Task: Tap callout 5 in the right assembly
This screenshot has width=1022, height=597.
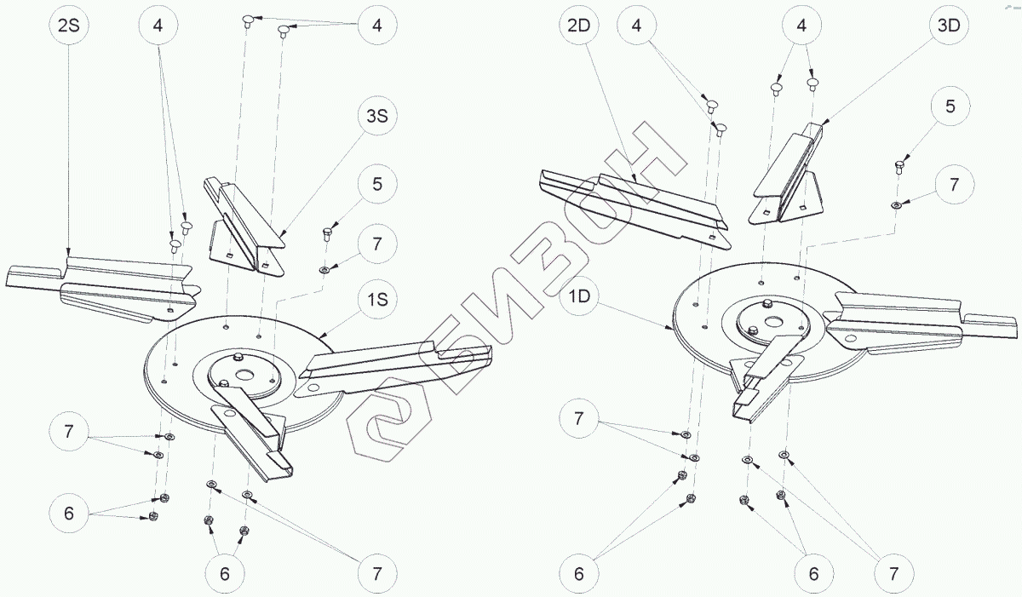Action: [950, 106]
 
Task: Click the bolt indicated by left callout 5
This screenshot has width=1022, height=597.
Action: [326, 233]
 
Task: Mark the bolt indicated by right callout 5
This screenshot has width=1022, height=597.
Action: [898, 166]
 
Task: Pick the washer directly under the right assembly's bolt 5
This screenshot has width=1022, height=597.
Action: [897, 204]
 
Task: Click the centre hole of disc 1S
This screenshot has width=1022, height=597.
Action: [244, 374]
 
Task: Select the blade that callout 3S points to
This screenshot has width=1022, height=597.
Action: [243, 223]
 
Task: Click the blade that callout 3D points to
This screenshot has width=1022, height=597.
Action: [788, 175]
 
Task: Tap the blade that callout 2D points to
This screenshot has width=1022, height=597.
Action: [634, 204]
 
